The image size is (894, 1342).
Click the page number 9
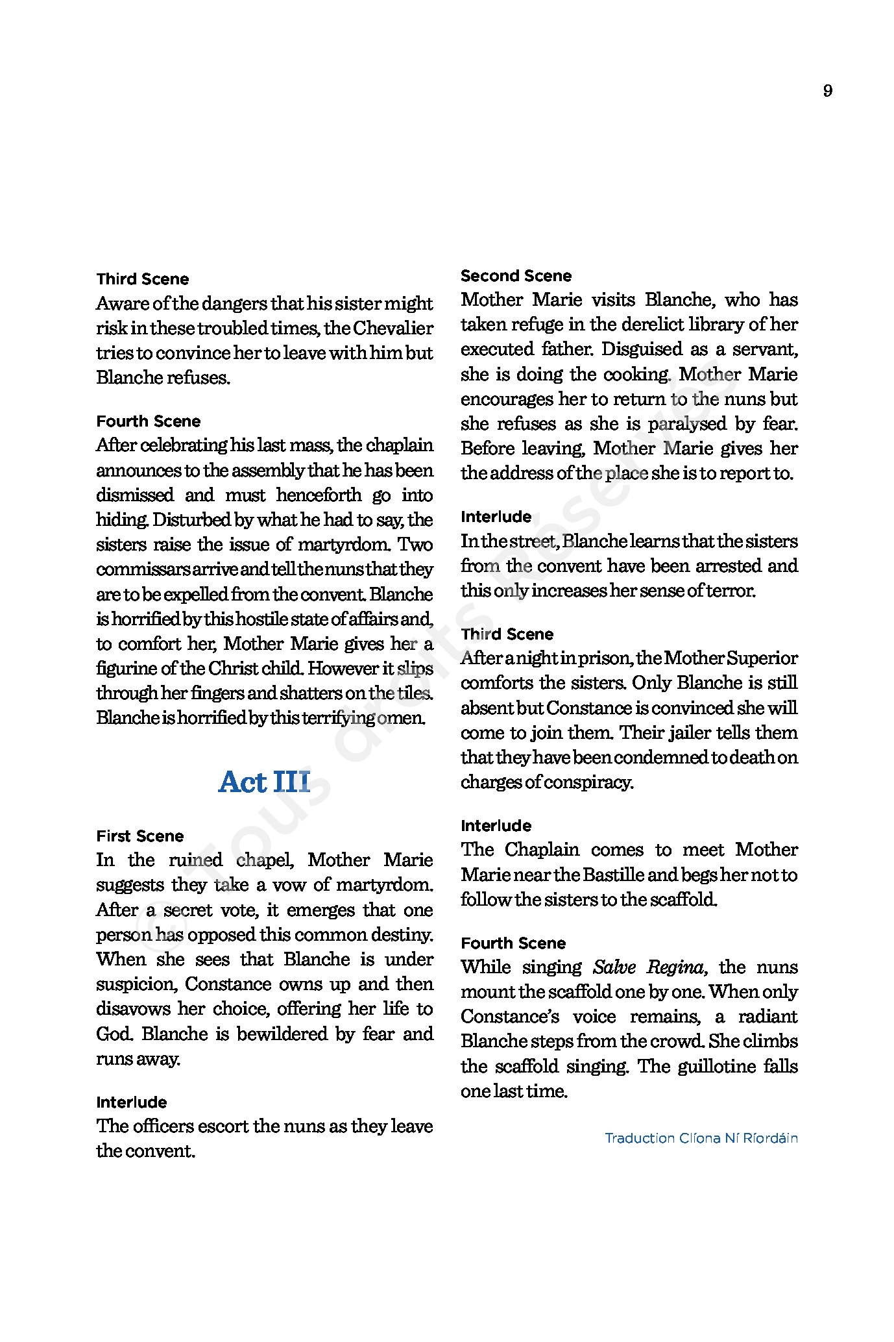pyautogui.click(x=827, y=91)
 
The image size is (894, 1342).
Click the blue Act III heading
pyautogui.click(x=264, y=782)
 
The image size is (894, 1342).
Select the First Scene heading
pyautogui.click(x=140, y=836)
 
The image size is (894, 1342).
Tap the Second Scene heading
pyautogui.click(x=516, y=276)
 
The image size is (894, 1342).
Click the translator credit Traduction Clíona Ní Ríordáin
pyautogui.click(x=701, y=1138)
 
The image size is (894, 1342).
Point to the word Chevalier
pyautogui.click(x=393, y=329)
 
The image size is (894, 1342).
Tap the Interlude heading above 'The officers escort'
pyautogui.click(x=132, y=1102)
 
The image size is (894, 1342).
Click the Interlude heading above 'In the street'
pyautogui.click(x=496, y=517)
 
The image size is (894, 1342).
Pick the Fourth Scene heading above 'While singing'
pyautogui.click(x=513, y=943)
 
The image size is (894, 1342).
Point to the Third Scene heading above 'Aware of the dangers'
pyautogui.click(x=143, y=280)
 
